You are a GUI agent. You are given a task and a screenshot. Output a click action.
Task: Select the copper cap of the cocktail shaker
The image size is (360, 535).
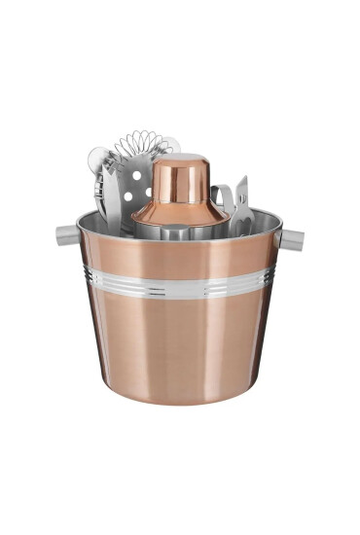[x=182, y=175]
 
